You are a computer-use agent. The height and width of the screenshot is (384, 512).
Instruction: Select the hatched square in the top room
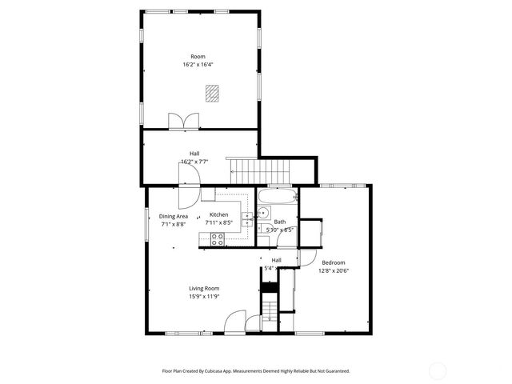[211, 93]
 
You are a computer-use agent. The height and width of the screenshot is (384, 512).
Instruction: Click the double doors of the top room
[183, 122]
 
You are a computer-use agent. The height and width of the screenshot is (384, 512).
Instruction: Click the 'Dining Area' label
[173, 216]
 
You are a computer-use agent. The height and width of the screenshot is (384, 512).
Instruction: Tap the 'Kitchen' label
[218, 215]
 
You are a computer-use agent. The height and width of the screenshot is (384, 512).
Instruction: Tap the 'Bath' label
[279, 222]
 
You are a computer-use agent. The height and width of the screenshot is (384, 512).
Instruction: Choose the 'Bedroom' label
[334, 262]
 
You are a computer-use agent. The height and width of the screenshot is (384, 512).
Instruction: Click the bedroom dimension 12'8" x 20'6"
[334, 270]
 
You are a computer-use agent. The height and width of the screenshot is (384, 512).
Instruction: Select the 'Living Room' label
[204, 288]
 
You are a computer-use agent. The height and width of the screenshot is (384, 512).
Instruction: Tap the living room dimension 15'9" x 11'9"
[204, 296]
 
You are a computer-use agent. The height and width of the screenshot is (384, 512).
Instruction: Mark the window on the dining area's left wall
[146, 223]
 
